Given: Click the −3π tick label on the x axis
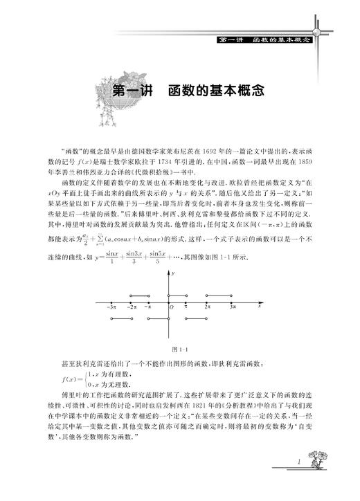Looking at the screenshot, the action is coord(112,305).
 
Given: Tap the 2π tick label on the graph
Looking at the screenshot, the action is coord(207,305).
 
